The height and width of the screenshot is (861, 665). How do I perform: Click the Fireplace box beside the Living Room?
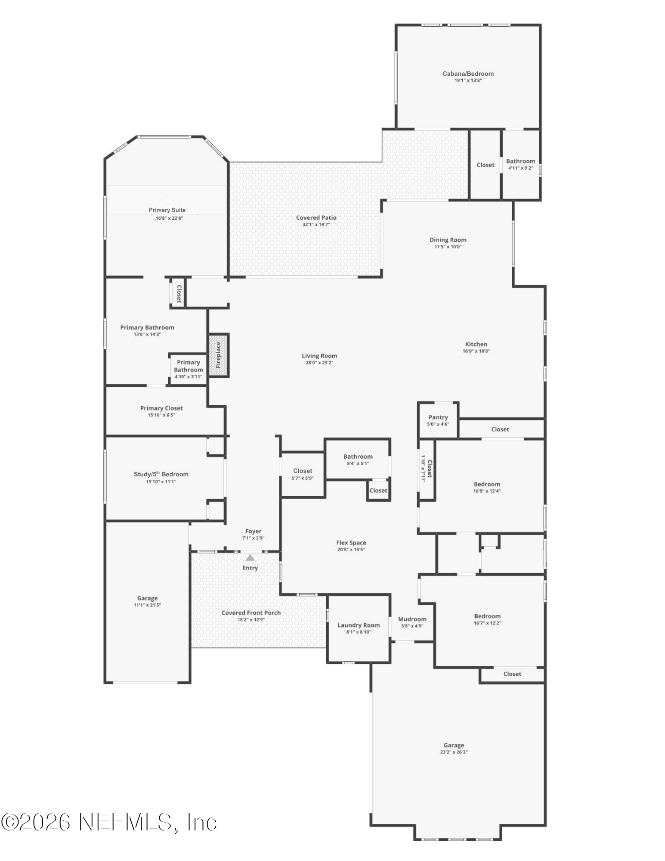pyautogui.click(x=219, y=355)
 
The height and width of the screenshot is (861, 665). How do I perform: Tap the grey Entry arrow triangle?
pyautogui.click(x=250, y=557)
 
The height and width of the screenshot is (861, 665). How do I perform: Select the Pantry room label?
pyautogui.click(x=438, y=417)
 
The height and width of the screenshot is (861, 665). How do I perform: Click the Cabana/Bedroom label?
pyautogui.click(x=468, y=74)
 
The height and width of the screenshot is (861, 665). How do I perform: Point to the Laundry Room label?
pyautogui.click(x=359, y=625)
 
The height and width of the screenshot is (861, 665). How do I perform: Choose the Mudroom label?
pyautogui.click(x=412, y=619)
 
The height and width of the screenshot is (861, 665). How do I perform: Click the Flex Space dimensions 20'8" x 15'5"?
pyautogui.click(x=351, y=550)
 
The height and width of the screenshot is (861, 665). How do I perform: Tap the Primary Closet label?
pyautogui.click(x=161, y=408)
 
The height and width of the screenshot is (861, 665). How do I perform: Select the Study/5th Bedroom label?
pyautogui.click(x=161, y=474)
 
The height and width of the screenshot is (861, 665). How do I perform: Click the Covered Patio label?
pyautogui.click(x=316, y=218)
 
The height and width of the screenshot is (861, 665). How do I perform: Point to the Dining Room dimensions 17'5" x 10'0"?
pyautogui.click(x=448, y=247)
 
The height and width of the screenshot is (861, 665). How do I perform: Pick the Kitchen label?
pyautogui.click(x=476, y=344)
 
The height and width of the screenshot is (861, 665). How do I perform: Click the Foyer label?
pyautogui.click(x=253, y=532)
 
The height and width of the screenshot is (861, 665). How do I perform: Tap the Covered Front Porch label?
pyautogui.click(x=251, y=613)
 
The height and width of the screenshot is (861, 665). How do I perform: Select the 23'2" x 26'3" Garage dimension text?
pyautogui.click(x=454, y=752)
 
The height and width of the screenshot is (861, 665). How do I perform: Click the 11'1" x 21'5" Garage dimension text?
pyautogui.click(x=147, y=605)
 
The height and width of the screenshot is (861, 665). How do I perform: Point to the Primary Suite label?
pyautogui.click(x=167, y=210)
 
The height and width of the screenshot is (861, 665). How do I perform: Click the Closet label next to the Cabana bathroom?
pyautogui.click(x=486, y=165)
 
